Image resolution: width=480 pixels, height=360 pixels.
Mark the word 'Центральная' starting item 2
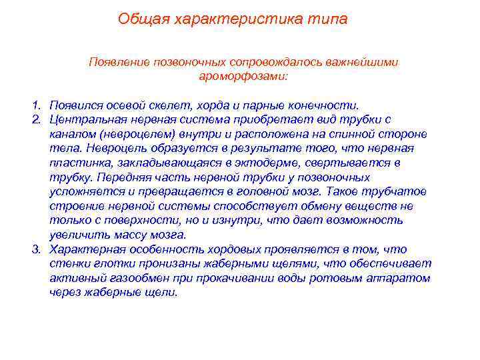(x=83, y=119)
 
